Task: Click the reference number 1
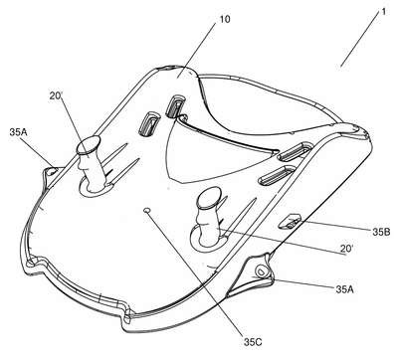[383, 12]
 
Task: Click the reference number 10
[224, 19]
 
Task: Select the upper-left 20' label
[56, 96]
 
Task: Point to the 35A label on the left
[18, 132]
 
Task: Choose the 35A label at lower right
[344, 289]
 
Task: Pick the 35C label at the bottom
[253, 342]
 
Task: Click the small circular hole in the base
[147, 210]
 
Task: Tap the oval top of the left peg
[89, 145]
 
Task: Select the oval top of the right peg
[209, 197]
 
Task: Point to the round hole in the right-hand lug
[260, 270]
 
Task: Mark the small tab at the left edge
[52, 172]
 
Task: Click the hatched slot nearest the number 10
[175, 106]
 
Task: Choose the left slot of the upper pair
[149, 123]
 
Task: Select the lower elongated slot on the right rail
[277, 174]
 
